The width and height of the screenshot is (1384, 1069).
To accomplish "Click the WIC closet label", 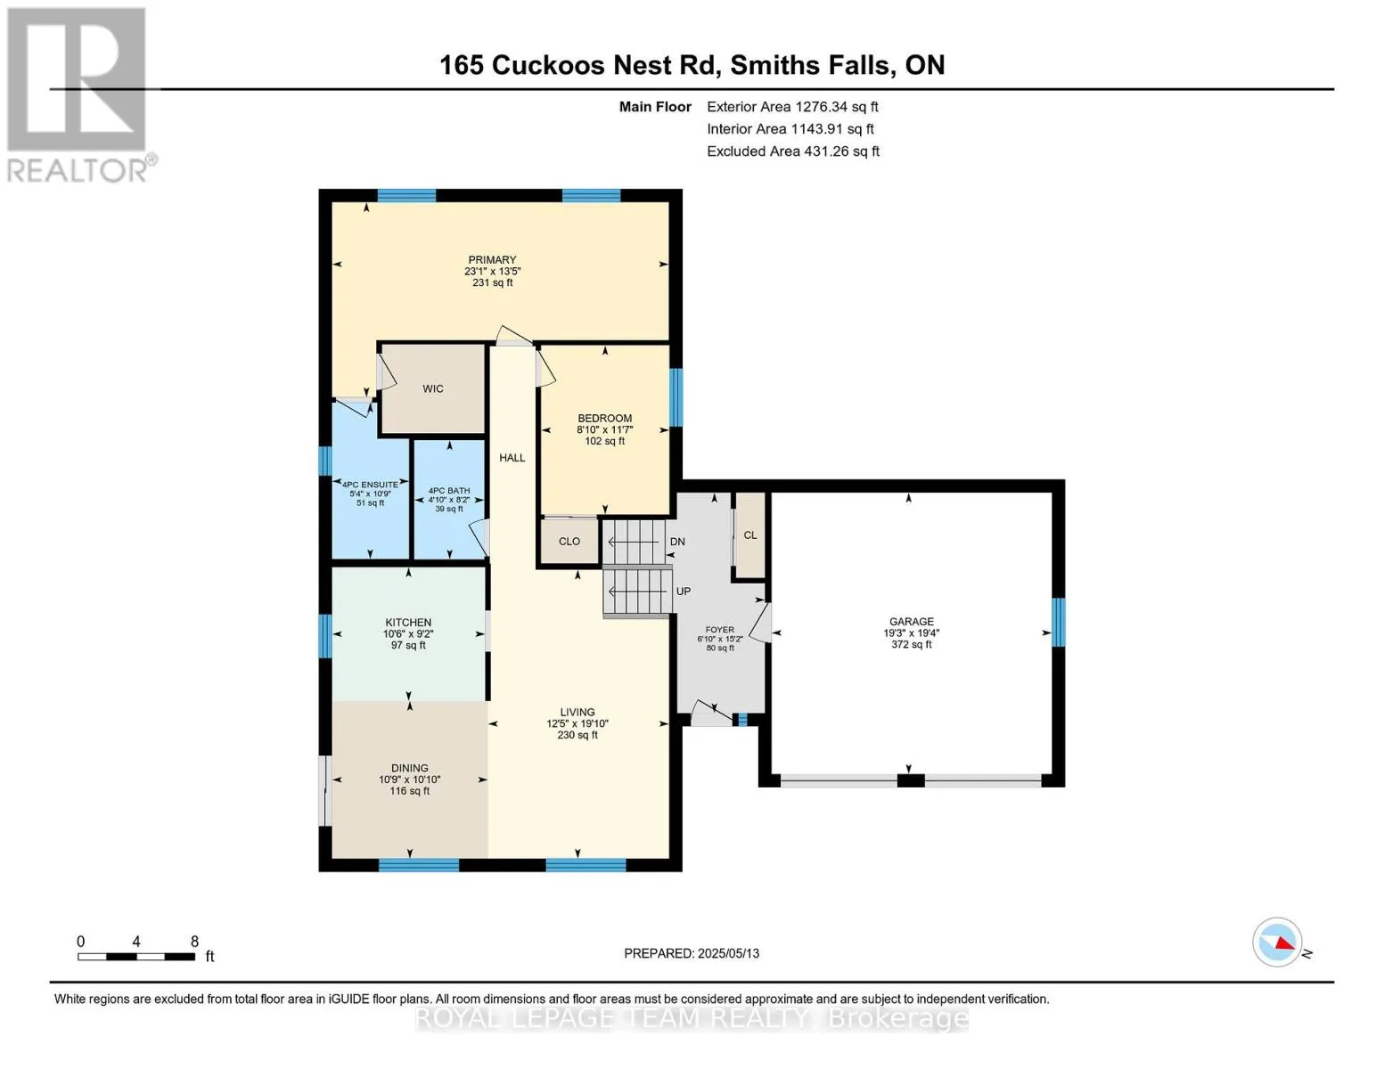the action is (432, 389).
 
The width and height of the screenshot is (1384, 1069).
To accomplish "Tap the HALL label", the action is (512, 458).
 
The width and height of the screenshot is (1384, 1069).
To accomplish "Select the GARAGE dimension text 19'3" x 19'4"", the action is (912, 632).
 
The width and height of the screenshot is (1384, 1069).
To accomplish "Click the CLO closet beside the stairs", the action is (569, 542).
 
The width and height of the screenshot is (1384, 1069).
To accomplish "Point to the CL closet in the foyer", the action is (750, 535).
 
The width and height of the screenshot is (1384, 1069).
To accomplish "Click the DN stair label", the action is (677, 542).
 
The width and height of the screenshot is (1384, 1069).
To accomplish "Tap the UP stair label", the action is (683, 592).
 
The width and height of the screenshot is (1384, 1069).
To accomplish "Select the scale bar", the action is (136, 956).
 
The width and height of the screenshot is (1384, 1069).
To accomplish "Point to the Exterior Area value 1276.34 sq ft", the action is (834, 107).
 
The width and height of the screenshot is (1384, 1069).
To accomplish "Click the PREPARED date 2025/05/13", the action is (728, 953).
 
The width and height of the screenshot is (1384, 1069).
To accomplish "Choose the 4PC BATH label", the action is (449, 491).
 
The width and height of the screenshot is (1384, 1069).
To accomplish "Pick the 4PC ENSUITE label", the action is (370, 485).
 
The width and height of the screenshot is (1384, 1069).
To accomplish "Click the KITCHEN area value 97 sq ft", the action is (408, 646).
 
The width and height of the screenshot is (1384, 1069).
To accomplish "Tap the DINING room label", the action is (410, 769).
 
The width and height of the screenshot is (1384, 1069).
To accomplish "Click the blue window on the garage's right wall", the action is (1058, 622).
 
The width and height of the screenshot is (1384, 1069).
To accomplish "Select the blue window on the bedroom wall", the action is (676, 397).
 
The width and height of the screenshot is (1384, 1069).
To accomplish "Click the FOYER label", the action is (720, 630).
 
